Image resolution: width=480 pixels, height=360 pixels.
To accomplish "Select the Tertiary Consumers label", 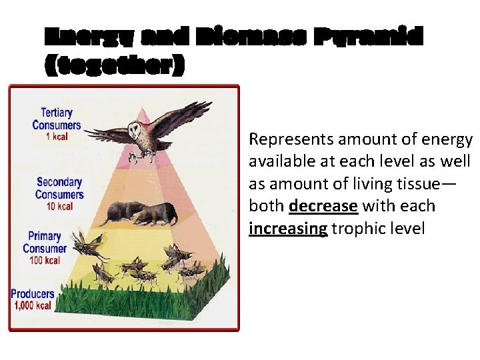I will (x=57, y=119).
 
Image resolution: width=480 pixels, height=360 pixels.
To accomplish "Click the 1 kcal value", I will (x=57, y=137).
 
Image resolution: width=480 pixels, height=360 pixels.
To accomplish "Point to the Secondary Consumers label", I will (x=60, y=188).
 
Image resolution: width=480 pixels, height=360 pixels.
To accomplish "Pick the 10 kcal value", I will (x=59, y=207).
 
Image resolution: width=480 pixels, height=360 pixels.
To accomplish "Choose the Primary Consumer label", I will (x=45, y=242).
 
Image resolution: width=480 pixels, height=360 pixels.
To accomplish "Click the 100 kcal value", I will (x=45, y=260).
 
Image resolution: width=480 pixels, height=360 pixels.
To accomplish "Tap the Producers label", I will (x=33, y=293).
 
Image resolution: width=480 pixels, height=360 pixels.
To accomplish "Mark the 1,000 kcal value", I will (x=33, y=306).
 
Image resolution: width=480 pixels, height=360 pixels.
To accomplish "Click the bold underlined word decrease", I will (x=323, y=206).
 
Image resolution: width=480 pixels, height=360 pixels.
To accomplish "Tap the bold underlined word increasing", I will (x=288, y=229).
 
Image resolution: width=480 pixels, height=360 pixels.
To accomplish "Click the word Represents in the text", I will (x=291, y=139).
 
